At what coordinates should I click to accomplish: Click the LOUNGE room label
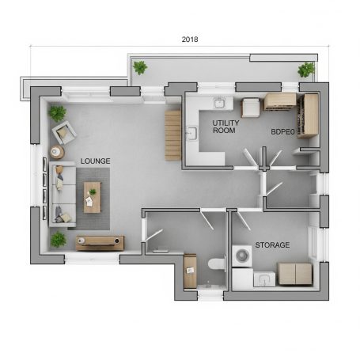(x=94, y=161)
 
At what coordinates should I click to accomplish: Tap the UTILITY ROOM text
(x=225, y=127)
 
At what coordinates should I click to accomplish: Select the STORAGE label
(x=271, y=245)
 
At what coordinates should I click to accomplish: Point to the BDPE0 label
(x=282, y=132)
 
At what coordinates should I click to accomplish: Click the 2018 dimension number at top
(x=189, y=39)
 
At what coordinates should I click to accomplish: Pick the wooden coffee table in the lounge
(x=93, y=197)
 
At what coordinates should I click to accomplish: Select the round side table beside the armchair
(x=57, y=152)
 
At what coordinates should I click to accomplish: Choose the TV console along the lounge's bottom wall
(x=100, y=243)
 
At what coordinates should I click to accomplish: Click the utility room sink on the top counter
(x=219, y=102)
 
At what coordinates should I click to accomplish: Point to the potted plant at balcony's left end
(x=140, y=67)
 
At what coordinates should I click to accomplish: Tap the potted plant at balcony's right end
(x=305, y=70)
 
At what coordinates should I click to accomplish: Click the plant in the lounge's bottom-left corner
(x=59, y=238)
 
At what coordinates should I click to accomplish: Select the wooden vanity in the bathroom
(x=190, y=271)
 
